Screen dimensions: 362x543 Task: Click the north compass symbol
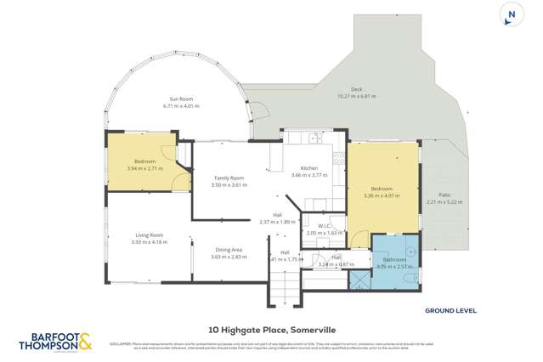click(510, 15)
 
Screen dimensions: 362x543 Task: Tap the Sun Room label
click(181, 102)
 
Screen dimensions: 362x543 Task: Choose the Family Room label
click(228, 180)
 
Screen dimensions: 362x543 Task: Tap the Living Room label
click(149, 238)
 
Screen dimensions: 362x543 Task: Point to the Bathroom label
click(393, 262)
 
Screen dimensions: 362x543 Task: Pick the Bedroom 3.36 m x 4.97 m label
click(382, 192)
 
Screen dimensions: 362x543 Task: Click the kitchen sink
click(315, 137)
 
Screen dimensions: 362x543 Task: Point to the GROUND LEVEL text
click(450, 312)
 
